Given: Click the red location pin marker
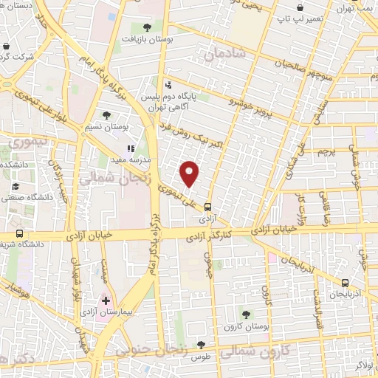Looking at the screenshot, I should point(190,173).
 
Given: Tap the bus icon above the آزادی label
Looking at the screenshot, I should point(207,207).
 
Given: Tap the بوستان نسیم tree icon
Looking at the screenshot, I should point(108,114).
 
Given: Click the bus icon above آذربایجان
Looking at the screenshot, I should point(346,283).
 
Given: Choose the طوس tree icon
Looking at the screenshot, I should point(200,344).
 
